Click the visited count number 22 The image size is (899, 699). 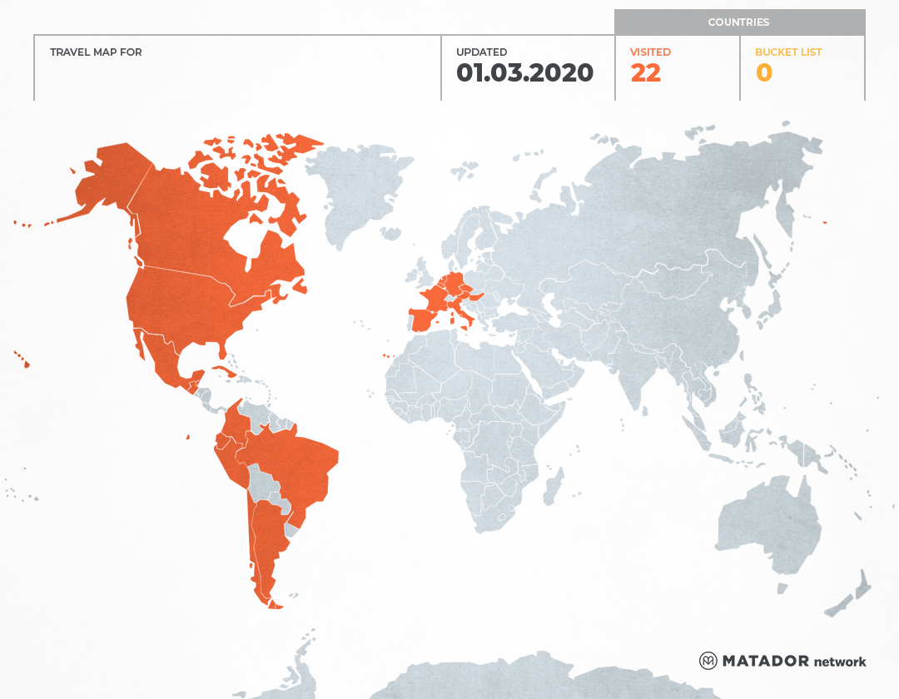[x=645, y=73]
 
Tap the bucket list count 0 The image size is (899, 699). [x=763, y=73]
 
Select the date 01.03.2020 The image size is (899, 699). [x=524, y=73]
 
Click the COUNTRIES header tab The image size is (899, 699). [x=738, y=22]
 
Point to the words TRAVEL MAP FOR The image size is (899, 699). [x=96, y=52]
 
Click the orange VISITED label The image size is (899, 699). [x=650, y=52]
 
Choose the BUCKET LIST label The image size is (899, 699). [x=787, y=52]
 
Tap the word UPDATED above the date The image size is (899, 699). [x=481, y=52]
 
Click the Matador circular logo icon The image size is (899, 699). [x=708, y=661]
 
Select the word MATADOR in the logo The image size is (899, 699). [x=765, y=661]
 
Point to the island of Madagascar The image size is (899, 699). [x=552, y=487]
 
